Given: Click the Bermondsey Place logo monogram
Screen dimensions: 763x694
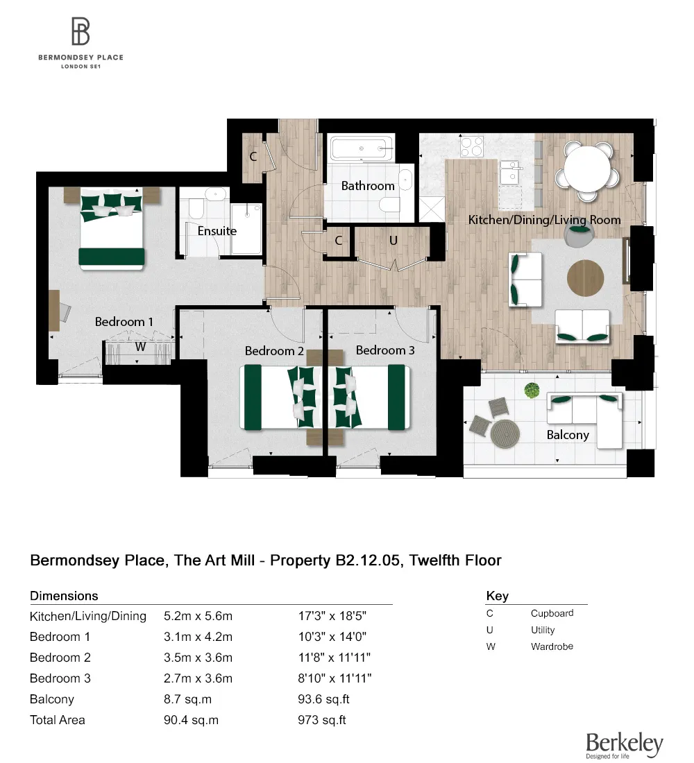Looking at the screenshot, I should (81, 32).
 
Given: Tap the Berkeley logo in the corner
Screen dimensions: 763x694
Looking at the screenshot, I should (624, 745).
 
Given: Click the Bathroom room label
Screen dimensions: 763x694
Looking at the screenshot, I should (368, 186).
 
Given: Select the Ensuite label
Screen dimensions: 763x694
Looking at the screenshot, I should (217, 231).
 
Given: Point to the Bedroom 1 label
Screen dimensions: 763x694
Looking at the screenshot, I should (124, 322).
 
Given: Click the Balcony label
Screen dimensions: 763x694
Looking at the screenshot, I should (568, 435).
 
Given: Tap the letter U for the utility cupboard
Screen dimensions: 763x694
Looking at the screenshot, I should (393, 241).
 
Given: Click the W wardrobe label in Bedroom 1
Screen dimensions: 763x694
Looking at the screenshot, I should (140, 347).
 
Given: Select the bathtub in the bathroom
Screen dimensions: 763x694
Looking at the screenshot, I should (362, 148).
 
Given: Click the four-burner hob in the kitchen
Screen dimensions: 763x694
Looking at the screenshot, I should (472, 146).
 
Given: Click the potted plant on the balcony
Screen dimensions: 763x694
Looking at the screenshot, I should (532, 391).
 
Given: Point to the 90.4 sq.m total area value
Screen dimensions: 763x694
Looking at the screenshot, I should (191, 720).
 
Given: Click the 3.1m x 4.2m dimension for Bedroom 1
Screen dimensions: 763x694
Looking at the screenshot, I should (198, 637).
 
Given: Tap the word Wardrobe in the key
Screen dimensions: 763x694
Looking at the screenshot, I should (552, 646).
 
